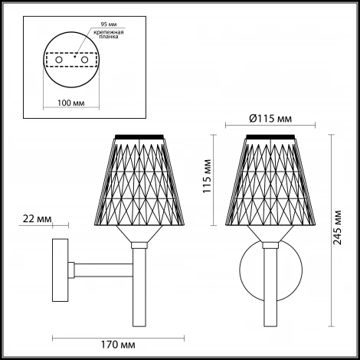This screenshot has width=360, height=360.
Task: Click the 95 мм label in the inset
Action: click(109, 25)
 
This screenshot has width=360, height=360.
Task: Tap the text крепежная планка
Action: click(109, 34)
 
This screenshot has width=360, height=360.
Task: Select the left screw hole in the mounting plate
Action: click(59, 61)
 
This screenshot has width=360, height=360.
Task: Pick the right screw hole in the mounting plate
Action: click(84, 61)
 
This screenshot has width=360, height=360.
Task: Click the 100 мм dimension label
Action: click(71, 103)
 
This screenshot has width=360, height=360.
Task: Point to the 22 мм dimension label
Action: click(37, 219)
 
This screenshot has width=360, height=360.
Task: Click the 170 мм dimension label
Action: click(118, 345)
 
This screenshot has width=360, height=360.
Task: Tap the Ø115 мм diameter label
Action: click(270, 119)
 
